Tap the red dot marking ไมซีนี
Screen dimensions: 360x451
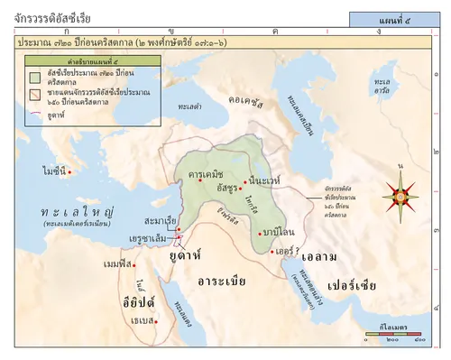69,171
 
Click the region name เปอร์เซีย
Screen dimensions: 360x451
354,272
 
